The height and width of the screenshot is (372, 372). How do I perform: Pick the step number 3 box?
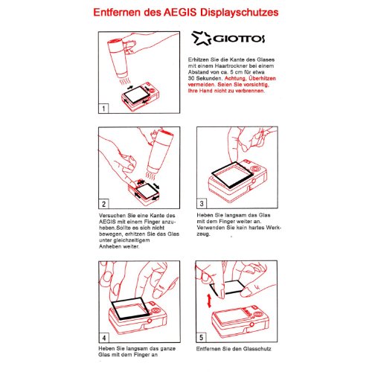(x=202, y=202)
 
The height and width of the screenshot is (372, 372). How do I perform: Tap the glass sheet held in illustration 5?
(x=223, y=287)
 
